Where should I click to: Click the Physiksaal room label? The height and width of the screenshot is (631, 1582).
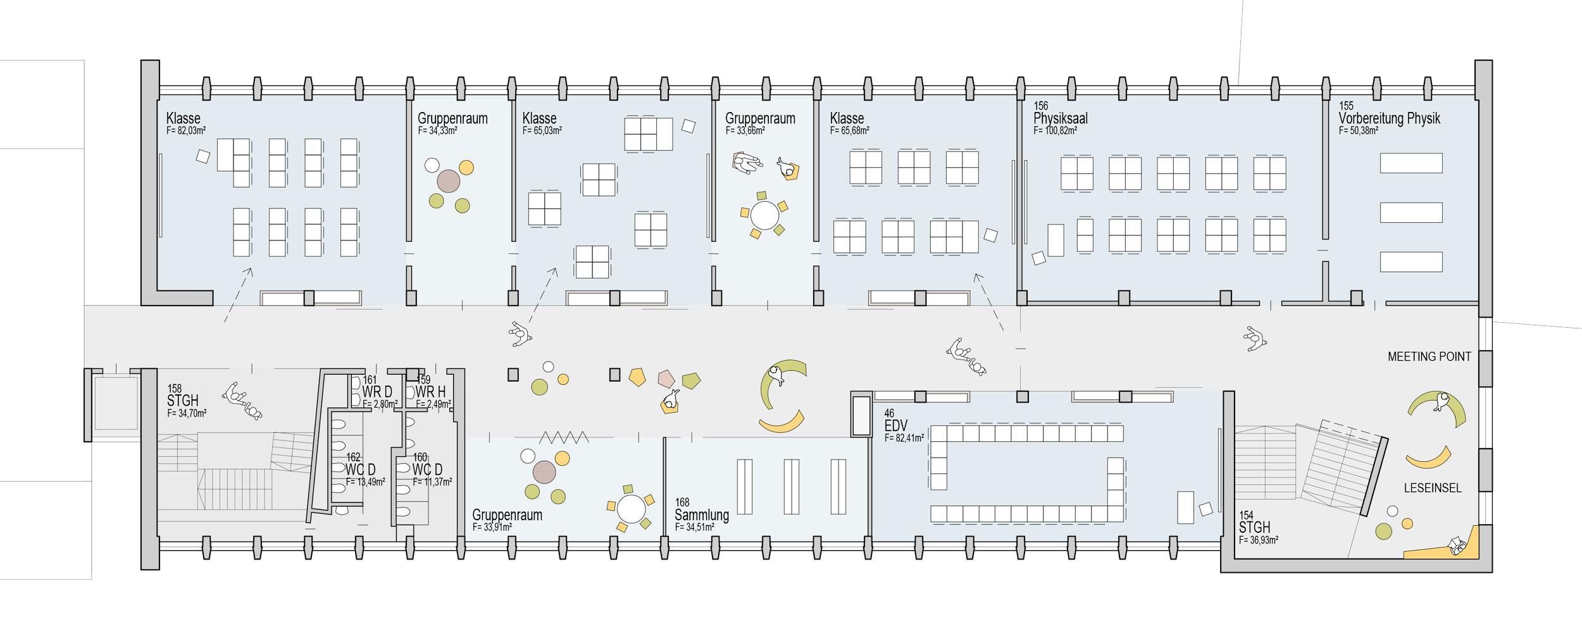(x=1061, y=118)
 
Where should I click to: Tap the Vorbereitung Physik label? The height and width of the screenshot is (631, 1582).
(x=1389, y=118)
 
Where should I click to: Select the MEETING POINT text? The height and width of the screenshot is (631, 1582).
(x=1429, y=357)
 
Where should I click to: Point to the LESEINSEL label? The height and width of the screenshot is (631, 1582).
(x=1433, y=488)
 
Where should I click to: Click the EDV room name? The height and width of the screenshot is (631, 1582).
(x=895, y=426)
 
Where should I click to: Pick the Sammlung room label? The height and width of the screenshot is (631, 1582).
(x=701, y=515)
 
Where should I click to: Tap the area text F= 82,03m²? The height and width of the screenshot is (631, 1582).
(x=186, y=131)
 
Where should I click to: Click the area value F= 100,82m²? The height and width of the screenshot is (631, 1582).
(x=1055, y=131)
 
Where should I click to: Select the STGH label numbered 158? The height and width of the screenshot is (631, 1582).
(x=182, y=401)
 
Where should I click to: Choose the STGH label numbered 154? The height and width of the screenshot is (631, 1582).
(x=1254, y=527)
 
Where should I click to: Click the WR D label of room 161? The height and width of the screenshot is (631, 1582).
(x=377, y=392)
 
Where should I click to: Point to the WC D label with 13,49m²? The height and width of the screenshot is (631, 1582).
(x=360, y=470)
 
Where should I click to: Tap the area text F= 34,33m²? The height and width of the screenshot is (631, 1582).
(x=437, y=131)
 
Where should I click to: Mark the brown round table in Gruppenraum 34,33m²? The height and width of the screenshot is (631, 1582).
(x=448, y=181)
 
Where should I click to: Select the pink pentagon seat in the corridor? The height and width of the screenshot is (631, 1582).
(x=666, y=379)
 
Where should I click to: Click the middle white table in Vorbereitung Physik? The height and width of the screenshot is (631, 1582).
(x=1411, y=212)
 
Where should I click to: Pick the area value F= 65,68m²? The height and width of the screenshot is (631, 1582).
(x=849, y=131)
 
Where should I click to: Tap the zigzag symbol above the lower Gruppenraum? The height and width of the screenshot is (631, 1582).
(x=563, y=437)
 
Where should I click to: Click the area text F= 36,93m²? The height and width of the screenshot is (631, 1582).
(x=1258, y=540)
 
